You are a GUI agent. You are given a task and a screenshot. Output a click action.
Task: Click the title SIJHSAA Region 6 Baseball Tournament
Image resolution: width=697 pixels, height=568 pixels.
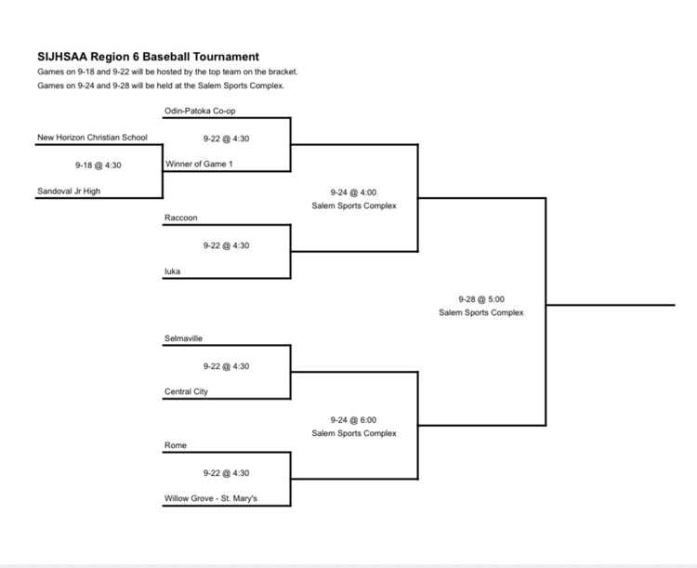(x=148, y=57)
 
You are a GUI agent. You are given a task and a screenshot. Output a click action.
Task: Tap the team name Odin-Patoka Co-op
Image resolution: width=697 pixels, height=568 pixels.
(x=200, y=111)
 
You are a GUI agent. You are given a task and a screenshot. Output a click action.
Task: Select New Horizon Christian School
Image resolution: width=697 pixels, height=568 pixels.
(x=92, y=138)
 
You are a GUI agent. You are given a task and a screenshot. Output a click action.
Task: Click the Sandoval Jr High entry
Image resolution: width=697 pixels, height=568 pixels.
(x=69, y=192)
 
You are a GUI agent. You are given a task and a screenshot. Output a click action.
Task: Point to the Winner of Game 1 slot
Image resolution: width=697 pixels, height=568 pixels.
(x=199, y=165)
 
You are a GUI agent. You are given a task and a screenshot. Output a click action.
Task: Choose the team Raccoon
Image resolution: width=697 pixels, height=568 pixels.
(x=181, y=218)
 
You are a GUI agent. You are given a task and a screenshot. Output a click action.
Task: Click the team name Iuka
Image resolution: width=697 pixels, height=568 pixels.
(x=173, y=271)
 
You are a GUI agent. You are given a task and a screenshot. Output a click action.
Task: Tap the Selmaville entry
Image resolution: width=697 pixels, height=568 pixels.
(x=183, y=338)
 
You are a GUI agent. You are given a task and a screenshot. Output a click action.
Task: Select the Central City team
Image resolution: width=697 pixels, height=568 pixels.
(x=186, y=392)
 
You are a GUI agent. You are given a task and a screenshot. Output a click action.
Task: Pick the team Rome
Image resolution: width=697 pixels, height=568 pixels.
(x=176, y=445)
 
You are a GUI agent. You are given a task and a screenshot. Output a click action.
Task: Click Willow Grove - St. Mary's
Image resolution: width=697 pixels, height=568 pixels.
(x=211, y=498)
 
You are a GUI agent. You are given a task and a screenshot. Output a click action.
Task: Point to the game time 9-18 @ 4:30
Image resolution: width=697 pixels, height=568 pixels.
(x=99, y=165)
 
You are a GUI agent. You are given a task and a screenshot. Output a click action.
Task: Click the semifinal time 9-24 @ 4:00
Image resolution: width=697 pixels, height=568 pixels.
(x=353, y=192)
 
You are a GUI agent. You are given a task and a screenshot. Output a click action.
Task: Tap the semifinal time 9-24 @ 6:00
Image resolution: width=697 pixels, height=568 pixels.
(x=353, y=420)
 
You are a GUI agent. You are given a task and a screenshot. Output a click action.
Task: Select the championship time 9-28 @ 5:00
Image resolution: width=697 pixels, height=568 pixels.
(x=481, y=299)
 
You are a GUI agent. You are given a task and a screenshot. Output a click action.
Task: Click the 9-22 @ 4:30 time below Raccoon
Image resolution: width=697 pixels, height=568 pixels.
(x=226, y=245)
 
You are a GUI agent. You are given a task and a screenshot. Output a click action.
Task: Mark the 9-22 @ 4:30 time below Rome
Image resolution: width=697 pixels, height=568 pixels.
(x=226, y=473)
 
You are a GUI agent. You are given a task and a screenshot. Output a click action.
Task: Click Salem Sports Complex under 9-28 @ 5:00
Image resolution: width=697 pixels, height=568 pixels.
(x=481, y=312)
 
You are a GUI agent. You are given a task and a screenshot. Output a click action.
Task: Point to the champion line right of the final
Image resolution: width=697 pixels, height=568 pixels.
(x=611, y=305)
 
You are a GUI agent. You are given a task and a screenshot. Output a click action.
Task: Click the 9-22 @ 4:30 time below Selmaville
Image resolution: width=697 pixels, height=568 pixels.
(x=226, y=366)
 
